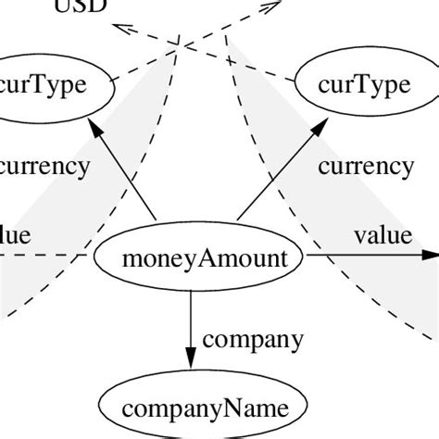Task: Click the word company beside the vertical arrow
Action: (x=251, y=339)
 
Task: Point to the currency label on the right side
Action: (x=365, y=167)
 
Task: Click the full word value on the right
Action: (x=382, y=234)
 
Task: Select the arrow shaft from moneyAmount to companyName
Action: (x=190, y=320)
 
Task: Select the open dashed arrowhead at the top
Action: (x=271, y=6)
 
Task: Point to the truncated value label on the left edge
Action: (x=15, y=234)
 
